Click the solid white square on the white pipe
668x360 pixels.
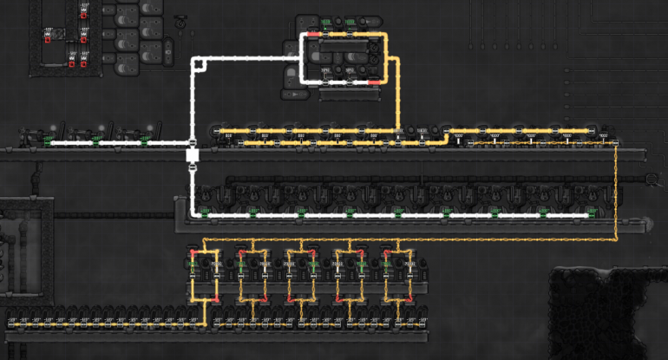193,155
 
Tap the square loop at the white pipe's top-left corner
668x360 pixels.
199,62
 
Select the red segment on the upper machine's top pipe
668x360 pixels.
308,35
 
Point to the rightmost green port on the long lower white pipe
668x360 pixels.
592,213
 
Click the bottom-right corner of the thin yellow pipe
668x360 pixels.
615,238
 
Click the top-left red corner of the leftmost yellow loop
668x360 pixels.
191,252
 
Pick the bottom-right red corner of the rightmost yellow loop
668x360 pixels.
409,300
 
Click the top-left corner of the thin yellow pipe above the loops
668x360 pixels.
203,238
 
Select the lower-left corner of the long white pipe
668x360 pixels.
193,213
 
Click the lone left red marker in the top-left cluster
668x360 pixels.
47,38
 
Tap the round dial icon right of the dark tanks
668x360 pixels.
180,26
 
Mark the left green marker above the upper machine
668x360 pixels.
326,21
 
